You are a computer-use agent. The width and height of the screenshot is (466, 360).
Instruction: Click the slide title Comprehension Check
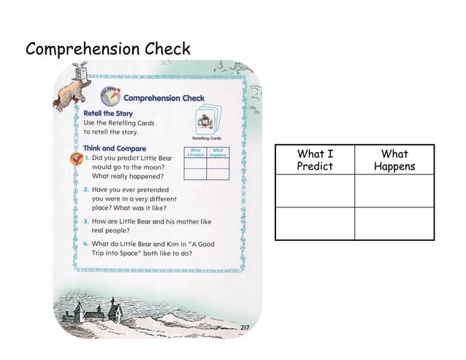click(108, 50)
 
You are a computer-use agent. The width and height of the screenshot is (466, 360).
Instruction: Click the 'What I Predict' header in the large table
click(315, 160)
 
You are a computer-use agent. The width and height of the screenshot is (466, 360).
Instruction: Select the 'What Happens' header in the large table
click(394, 160)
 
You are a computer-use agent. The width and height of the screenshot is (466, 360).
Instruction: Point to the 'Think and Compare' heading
click(115, 148)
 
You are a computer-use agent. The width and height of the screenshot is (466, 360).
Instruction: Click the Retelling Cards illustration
click(206, 120)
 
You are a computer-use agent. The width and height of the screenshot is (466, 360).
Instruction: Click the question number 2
click(85, 189)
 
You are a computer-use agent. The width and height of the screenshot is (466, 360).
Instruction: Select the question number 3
click(85, 221)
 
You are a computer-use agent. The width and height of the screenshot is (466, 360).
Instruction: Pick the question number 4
click(85, 244)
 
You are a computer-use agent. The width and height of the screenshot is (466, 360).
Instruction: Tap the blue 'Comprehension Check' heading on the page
click(164, 98)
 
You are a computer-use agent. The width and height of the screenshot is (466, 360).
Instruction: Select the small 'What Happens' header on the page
click(217, 153)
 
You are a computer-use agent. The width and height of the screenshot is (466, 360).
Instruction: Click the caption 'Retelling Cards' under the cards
click(206, 138)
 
